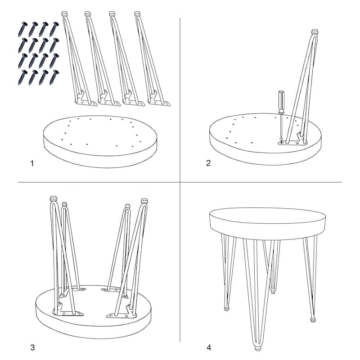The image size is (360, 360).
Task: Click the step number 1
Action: pyautogui.click(x=32, y=163)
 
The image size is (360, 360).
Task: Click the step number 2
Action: pyautogui.click(x=208, y=163)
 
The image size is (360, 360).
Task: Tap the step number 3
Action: pyautogui.click(x=32, y=347)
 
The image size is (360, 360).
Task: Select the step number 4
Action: pyautogui.click(x=209, y=347)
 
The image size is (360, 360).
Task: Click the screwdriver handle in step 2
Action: pyautogui.click(x=281, y=102)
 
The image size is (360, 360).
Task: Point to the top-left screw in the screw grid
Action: pyautogui.click(x=23, y=29)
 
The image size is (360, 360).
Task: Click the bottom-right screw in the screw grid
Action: pyautogui.click(x=54, y=77)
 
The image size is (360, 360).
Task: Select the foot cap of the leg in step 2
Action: pyautogui.click(x=315, y=31)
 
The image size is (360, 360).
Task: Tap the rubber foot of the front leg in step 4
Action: pyautogui.click(x=257, y=347)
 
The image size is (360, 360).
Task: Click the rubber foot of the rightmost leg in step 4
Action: pyautogui.click(x=313, y=319)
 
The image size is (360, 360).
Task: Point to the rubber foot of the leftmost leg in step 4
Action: pyautogui.click(x=227, y=308)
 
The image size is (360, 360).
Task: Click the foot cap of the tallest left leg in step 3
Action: pyautogui.click(x=53, y=199)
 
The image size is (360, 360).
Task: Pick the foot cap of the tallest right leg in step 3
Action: pyautogui.click(x=144, y=201)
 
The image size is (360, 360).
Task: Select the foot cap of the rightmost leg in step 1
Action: pyautogui.click(x=137, y=14)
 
